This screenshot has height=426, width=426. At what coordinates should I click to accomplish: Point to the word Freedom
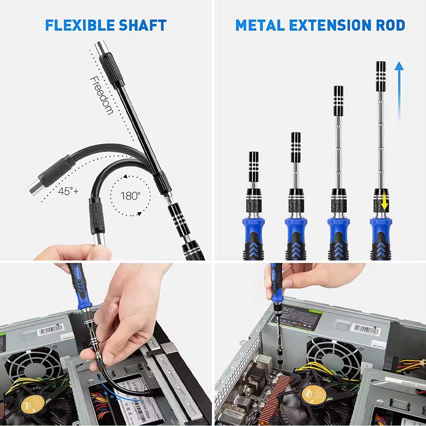[101, 95]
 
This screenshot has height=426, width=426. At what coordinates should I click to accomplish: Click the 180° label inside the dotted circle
[130, 196]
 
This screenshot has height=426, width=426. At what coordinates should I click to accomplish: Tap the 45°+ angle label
[68, 191]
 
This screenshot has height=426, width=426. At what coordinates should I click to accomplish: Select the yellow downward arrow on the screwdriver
[385, 200]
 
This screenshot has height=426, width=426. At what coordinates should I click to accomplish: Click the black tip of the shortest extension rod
[254, 162]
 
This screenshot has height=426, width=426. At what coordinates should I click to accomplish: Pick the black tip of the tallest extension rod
[380, 76]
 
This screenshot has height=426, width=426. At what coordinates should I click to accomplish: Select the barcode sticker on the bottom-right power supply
[365, 329]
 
